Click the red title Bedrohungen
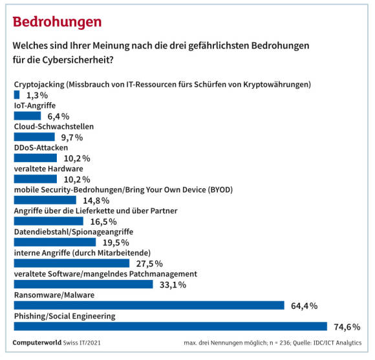pyautogui.click(x=57, y=23)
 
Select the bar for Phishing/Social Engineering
pyautogui.click(x=171, y=326)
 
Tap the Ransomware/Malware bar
pyautogui.click(x=149, y=306)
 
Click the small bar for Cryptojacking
pyautogui.click(x=17, y=94)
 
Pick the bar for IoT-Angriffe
pyautogui.click(x=28, y=116)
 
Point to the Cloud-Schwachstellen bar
pyautogui.click(x=34, y=137)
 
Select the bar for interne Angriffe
pyautogui.click(x=72, y=264)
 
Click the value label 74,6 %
pyautogui.click(x=347, y=327)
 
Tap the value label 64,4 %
pyautogui.click(x=305, y=306)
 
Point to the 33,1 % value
pyautogui.click(x=173, y=285)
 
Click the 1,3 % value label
pyautogui.click(x=37, y=96)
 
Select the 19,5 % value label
pyautogui.click(x=116, y=243)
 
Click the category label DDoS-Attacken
pyautogui.click(x=41, y=148)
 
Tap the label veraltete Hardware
pyautogui.click(x=48, y=169)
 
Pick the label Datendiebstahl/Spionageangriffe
pyautogui.click(x=74, y=232)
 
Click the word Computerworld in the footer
pyautogui.click(x=37, y=343)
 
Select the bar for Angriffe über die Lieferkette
pyautogui.click(x=48, y=221)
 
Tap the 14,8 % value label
pyautogui.click(x=96, y=201)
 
